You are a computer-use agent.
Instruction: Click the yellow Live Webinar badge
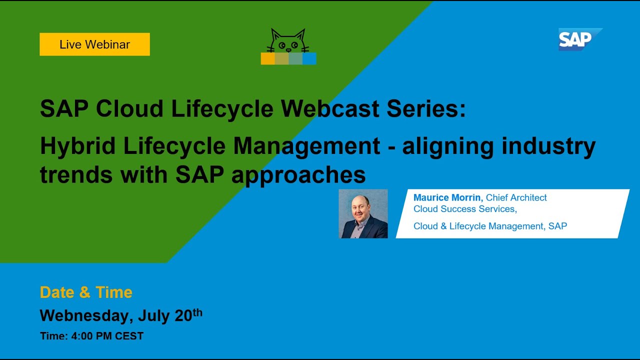click(x=94, y=44)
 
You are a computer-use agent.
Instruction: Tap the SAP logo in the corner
click(x=580, y=39)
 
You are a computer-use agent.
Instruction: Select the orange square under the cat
click(x=267, y=58)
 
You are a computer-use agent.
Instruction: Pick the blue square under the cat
click(x=309, y=58)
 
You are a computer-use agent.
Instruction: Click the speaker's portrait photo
click(x=363, y=213)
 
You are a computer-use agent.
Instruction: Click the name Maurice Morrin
click(x=447, y=197)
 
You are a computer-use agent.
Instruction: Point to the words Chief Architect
click(x=516, y=197)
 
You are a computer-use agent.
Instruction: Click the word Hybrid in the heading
click(x=77, y=146)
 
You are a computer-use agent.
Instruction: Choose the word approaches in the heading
click(x=298, y=175)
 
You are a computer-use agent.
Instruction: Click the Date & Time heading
click(x=86, y=292)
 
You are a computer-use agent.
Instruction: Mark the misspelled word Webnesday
click(x=86, y=315)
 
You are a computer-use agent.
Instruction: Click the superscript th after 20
click(x=197, y=312)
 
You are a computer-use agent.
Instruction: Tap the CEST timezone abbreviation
click(x=129, y=336)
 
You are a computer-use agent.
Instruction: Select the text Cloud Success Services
click(x=465, y=209)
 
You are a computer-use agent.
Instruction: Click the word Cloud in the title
click(x=129, y=108)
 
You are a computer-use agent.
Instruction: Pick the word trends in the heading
click(x=76, y=175)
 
